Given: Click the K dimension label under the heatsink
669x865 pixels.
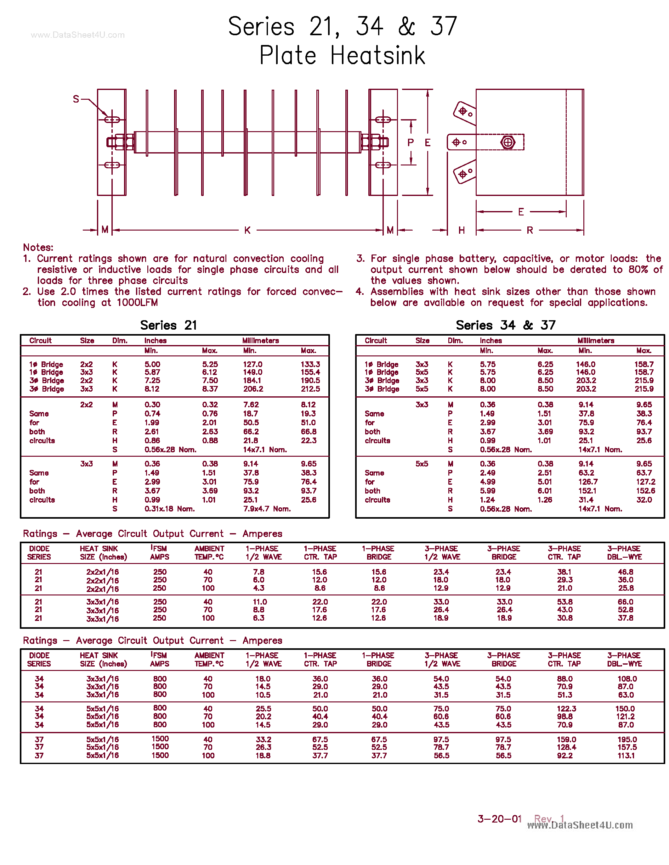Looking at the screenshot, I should point(247,230).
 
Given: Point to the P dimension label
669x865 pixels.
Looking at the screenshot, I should point(411,142).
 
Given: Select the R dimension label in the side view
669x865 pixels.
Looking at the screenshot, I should point(530,230).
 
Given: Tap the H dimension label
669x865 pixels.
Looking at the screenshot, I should point(461,230).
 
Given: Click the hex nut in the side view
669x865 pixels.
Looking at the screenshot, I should point(508,142).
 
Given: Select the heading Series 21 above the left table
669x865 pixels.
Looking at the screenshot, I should point(168,325).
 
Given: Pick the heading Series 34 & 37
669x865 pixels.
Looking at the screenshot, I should point(505,325).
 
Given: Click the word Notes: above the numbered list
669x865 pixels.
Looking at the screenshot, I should point(38,248).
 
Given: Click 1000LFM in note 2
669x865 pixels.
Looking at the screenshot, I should point(137,303).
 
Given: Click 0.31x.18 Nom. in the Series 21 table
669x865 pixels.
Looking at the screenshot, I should point(169,509).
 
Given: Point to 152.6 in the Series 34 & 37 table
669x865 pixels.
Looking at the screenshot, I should point(645,491).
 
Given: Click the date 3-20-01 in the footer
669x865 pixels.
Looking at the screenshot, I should point(499,819).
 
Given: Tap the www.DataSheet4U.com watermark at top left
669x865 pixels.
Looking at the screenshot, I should point(78,35).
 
